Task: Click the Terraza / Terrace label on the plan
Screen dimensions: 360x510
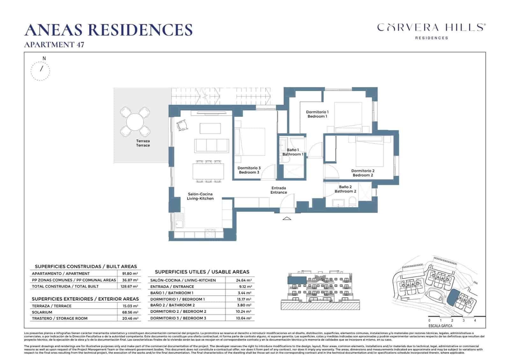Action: coord(143,143)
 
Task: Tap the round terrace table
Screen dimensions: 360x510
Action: coord(135,121)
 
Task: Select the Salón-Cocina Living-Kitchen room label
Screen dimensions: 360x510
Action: coord(200,196)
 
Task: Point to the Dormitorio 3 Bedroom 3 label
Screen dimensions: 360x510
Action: coord(249,170)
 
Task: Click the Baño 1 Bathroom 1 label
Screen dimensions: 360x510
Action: coord(293,152)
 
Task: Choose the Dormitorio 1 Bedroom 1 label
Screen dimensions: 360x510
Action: coord(317,114)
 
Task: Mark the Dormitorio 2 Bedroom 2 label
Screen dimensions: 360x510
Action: coord(363,173)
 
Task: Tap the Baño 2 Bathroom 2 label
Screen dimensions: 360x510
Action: coord(345,189)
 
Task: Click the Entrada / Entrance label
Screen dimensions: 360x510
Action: coord(279,190)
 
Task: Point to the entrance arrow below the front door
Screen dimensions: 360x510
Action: coord(287,218)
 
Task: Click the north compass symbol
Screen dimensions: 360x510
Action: coord(40,70)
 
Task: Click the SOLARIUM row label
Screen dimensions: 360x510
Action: coord(42,312)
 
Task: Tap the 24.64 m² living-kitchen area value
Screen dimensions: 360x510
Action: coord(244,280)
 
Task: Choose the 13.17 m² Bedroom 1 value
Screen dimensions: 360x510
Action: coord(244,299)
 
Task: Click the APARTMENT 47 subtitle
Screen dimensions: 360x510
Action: coord(54,45)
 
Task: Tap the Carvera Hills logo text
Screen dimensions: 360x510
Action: coord(431,28)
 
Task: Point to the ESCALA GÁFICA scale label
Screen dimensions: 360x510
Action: coord(440,326)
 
